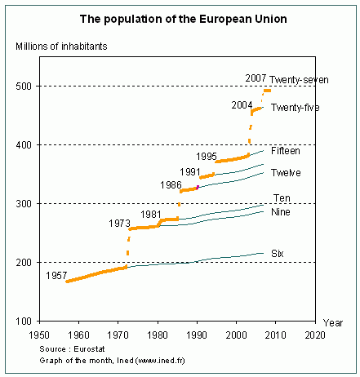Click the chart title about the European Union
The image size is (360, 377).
coord(180,16)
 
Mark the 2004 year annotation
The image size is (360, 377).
coord(241,105)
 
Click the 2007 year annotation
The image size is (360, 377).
coord(256,79)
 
